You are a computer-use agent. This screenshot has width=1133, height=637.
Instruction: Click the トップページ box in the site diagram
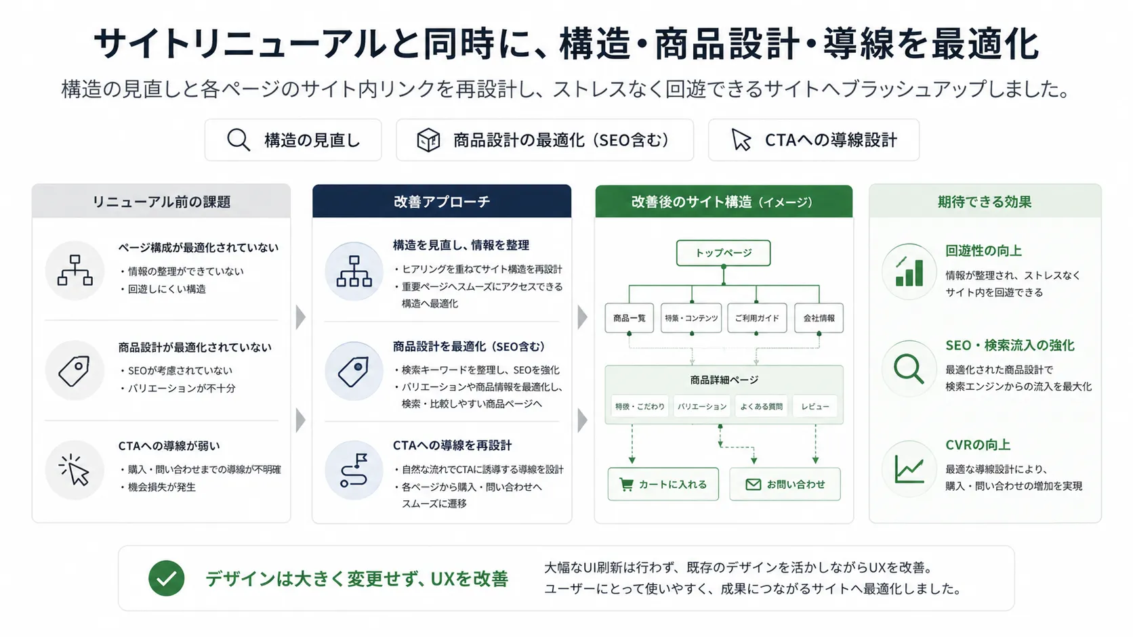[x=723, y=253]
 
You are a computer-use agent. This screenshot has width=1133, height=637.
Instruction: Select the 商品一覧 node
[x=630, y=317]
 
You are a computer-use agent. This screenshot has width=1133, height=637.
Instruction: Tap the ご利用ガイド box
[x=757, y=317]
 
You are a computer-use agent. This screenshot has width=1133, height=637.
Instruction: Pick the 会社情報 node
[x=819, y=317]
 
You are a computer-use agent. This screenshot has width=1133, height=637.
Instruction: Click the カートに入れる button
[x=663, y=484]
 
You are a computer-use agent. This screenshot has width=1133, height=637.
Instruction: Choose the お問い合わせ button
[x=785, y=484]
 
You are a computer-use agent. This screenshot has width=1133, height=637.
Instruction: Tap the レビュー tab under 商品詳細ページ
[x=815, y=406]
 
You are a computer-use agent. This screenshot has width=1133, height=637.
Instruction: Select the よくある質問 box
[x=761, y=406]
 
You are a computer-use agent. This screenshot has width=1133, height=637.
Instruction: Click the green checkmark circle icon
[x=167, y=578]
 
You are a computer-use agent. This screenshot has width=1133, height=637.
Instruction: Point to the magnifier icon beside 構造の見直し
[x=239, y=140]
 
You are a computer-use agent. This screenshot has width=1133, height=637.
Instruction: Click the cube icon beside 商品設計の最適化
[x=428, y=140]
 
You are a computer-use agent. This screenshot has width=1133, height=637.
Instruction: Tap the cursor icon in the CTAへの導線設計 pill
[x=741, y=140]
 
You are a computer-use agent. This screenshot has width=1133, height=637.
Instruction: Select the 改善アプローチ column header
[x=442, y=201]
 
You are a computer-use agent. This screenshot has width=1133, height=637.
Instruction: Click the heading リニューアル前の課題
[x=161, y=202]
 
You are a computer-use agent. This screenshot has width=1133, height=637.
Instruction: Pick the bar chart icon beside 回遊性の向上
[x=909, y=271]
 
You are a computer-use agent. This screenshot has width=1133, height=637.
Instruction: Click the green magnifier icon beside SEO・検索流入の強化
[x=909, y=369]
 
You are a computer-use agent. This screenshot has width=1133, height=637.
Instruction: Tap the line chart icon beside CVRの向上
[x=909, y=469]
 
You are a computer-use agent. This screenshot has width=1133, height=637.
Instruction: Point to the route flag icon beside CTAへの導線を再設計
[x=354, y=470]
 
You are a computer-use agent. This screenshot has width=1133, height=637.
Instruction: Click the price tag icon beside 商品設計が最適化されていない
[x=75, y=371]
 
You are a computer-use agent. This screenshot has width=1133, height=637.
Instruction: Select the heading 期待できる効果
[x=985, y=202]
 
